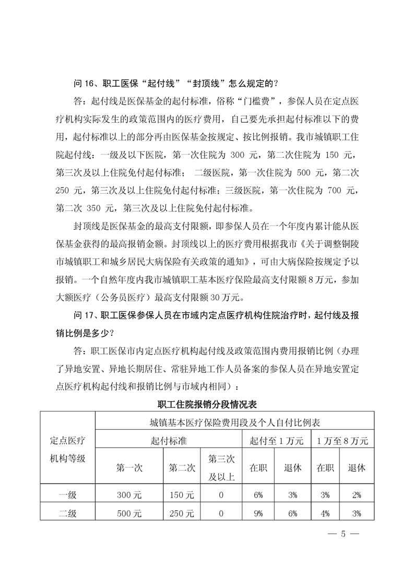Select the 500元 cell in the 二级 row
point(129,513)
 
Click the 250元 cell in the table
point(182,513)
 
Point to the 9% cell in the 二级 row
point(258,513)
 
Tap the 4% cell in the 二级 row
point(325,513)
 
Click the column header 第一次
point(129,467)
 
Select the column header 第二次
point(182,467)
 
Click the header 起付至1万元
point(276,440)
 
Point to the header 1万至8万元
point(342,440)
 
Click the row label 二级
point(68,513)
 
